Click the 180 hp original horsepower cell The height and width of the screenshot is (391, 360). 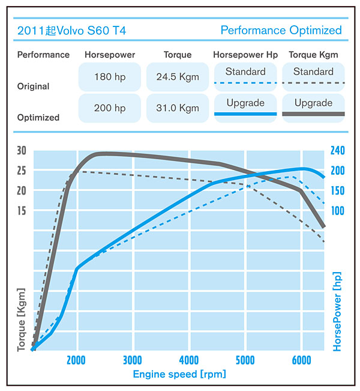point(109,77)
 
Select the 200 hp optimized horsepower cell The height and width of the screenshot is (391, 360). point(109,108)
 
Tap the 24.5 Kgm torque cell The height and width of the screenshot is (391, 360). point(177,77)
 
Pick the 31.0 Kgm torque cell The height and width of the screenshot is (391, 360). point(177,108)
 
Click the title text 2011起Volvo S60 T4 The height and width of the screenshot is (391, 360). point(71,30)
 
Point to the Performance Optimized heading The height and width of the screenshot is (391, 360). point(281,30)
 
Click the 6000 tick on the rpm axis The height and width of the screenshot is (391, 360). point(301,360)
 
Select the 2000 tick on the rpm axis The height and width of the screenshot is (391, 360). point(77,360)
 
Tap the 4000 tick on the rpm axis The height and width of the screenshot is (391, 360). point(189,360)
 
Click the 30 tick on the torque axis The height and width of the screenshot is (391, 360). point(22,151)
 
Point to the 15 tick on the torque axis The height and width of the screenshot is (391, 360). point(22,211)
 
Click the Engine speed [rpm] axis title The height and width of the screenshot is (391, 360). point(179,374)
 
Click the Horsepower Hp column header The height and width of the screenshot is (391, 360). point(245,55)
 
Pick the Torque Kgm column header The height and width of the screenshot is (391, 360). point(313,55)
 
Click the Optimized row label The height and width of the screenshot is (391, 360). point(38,118)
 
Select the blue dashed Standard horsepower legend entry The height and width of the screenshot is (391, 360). point(245,76)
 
